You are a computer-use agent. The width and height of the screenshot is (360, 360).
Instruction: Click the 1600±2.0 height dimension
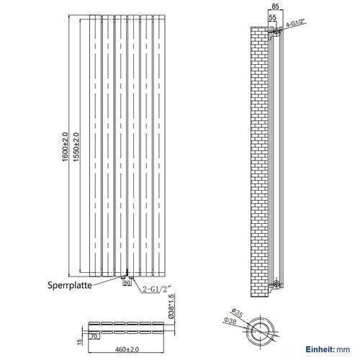click(x=66, y=147)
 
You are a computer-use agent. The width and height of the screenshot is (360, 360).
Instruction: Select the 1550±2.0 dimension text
click(x=76, y=147)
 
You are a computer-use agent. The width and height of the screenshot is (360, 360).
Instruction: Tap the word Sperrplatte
click(x=70, y=285)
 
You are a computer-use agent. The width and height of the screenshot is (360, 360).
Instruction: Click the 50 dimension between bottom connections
click(x=127, y=283)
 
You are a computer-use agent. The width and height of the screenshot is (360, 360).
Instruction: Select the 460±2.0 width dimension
click(x=127, y=349)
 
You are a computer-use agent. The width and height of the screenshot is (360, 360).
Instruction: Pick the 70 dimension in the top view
click(x=94, y=336)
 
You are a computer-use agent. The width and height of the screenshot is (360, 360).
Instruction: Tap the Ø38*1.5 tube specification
click(x=171, y=306)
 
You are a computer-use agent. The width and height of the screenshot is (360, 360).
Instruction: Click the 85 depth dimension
click(x=275, y=6)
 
